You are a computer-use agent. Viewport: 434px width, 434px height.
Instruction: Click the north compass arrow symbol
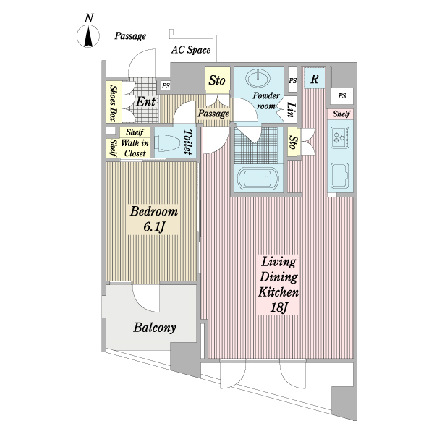tap(88, 36)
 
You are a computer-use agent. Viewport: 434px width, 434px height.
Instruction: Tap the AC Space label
tap(191, 50)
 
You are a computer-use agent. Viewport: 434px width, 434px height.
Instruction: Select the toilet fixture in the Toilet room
tap(167, 142)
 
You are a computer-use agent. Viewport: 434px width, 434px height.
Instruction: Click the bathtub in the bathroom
tap(258, 178)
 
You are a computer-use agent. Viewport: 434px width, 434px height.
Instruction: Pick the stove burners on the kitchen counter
tap(340, 137)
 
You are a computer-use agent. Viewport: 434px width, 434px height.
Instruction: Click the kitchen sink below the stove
tap(340, 176)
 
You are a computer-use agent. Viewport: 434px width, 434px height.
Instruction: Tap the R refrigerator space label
tap(315, 79)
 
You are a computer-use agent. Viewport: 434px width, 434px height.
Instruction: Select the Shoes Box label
tap(113, 103)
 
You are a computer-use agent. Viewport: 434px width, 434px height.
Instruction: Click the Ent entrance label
tap(145, 101)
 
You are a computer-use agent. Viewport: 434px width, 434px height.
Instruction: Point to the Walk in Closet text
tap(135, 148)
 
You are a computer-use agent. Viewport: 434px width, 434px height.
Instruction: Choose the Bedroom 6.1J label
tap(154, 218)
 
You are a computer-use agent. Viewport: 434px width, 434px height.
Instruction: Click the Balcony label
tap(155, 328)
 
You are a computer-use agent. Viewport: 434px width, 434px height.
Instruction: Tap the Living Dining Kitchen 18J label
tap(278, 285)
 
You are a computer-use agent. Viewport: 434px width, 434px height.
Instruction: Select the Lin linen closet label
tap(291, 110)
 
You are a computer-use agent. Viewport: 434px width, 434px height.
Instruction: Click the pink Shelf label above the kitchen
tap(341, 114)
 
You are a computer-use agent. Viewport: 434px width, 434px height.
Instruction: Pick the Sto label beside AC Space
tap(217, 80)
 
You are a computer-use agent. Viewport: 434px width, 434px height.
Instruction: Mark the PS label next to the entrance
tap(166, 86)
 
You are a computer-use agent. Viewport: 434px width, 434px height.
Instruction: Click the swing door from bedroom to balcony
tap(146, 298)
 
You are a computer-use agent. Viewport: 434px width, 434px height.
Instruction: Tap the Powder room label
tap(266, 101)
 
